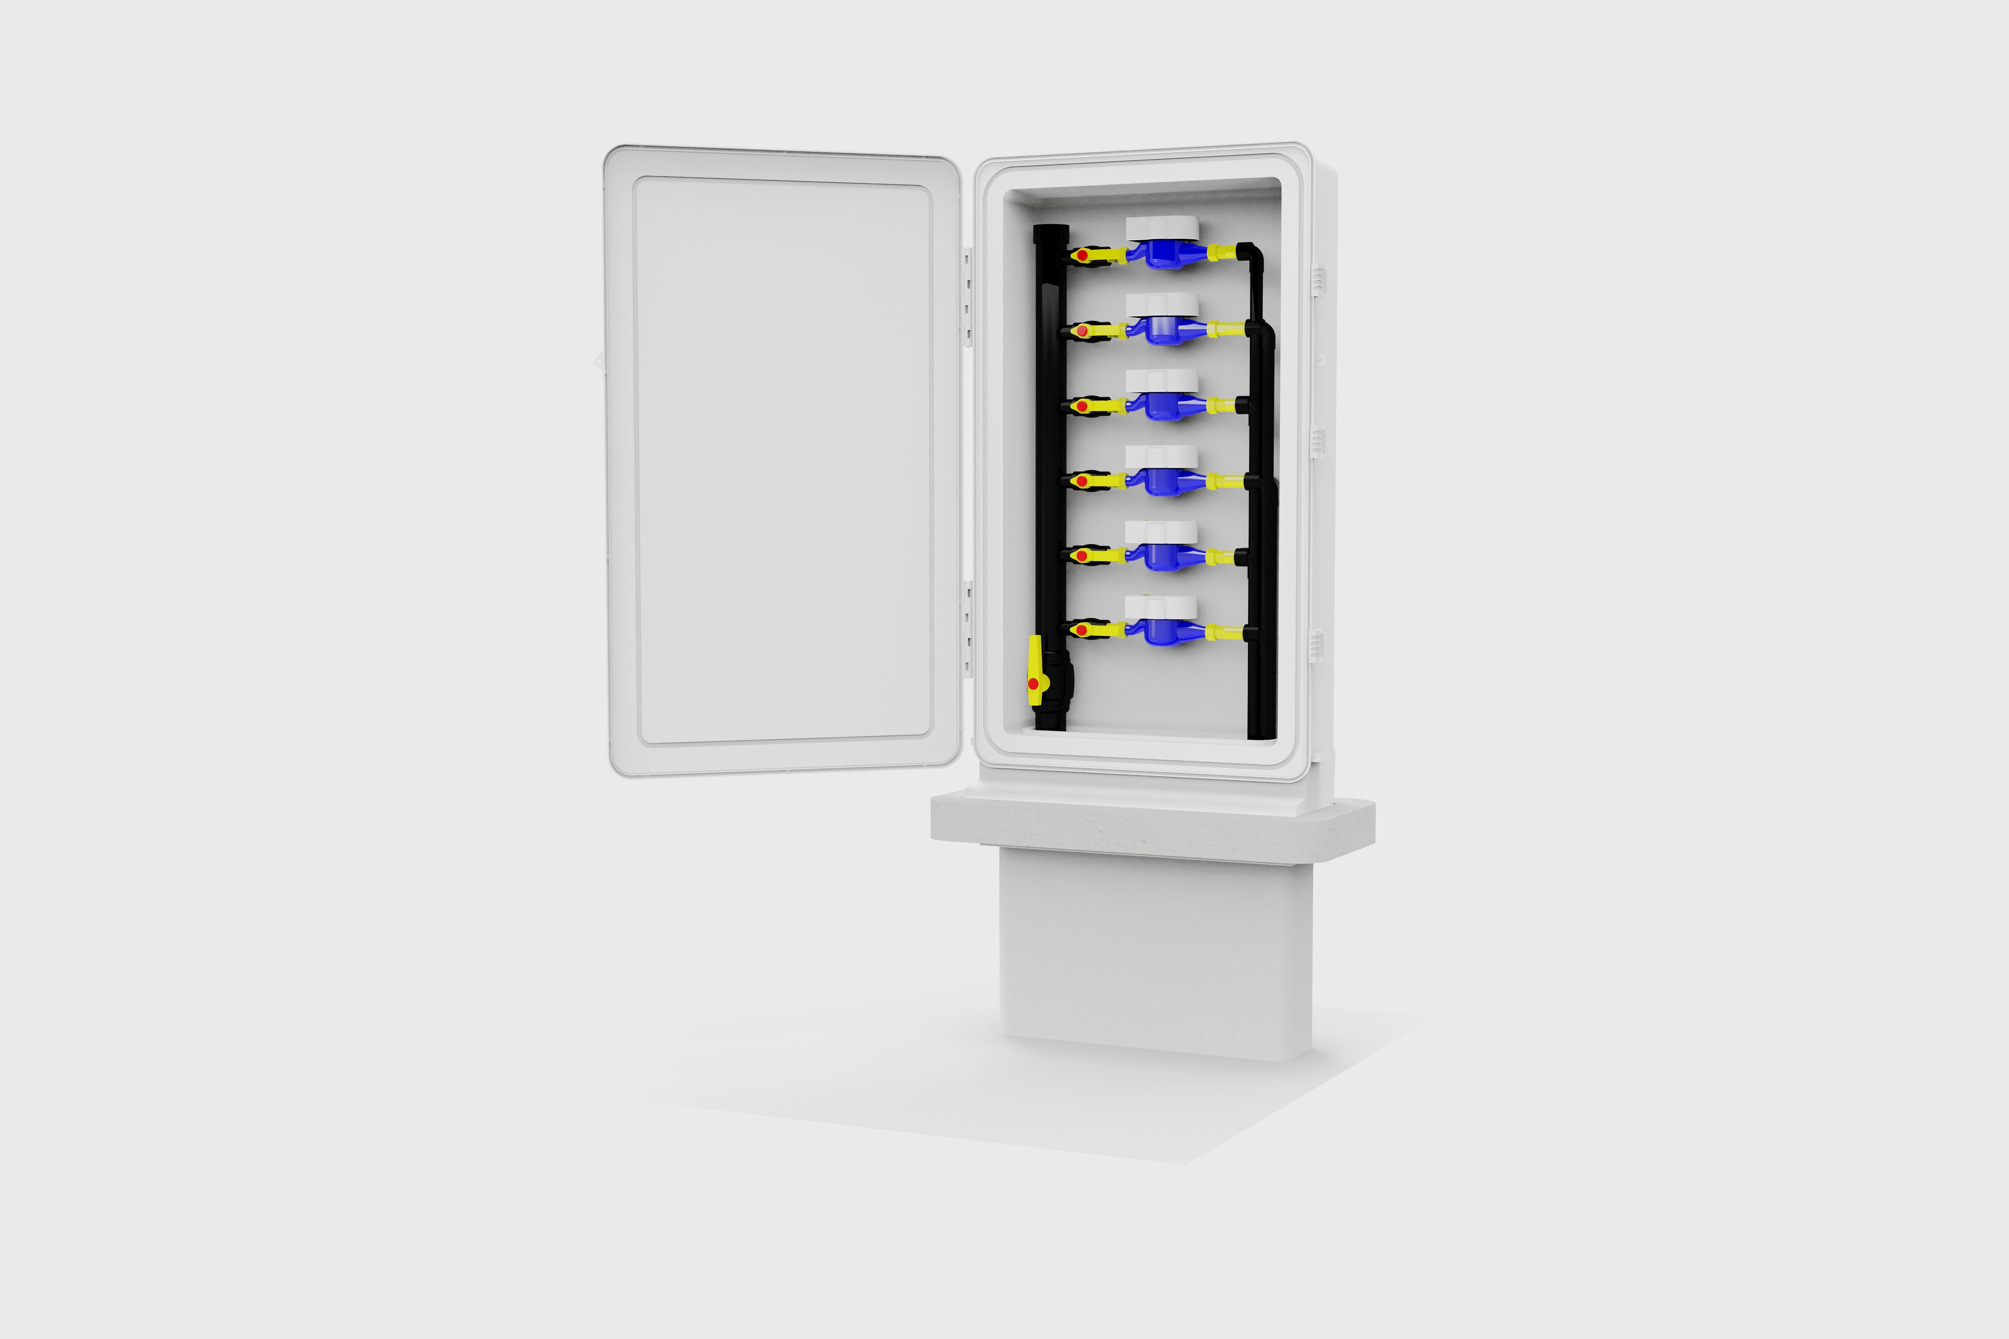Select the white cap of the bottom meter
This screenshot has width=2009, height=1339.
coord(1160,607)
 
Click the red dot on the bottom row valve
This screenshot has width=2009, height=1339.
coord(1081,630)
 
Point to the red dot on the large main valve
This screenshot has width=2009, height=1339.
coord(1033,684)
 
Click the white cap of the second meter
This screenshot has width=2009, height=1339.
coord(1162,305)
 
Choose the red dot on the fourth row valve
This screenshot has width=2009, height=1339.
coord(1081,482)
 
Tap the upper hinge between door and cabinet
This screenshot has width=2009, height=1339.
coord(968,295)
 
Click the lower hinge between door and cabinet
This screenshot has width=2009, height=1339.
coord(968,628)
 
